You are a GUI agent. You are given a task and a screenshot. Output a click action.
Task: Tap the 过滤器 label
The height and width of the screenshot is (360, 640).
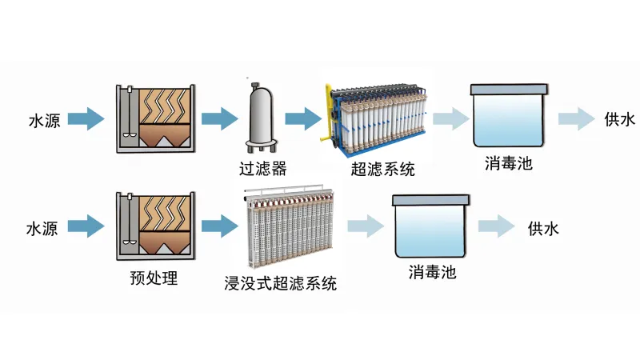coord(262,169)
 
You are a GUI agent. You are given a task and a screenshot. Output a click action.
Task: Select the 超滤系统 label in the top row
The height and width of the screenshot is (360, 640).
coord(383,170)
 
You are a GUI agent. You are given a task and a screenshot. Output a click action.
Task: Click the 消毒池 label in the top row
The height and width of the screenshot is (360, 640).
coord(508,165)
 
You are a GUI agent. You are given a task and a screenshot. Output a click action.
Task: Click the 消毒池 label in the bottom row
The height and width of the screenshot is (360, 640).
coord(432,272)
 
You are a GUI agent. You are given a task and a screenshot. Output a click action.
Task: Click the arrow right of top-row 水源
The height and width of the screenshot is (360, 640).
coord(86,121)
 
